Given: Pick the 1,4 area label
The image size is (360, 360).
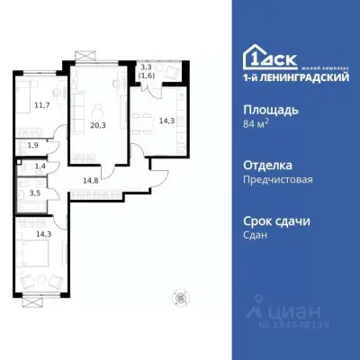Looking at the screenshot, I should [40, 167].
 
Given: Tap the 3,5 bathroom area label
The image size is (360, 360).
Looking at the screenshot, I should [35, 192].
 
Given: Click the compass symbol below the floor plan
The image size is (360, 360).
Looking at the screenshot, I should [182, 299].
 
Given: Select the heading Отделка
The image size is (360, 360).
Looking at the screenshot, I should [267, 166].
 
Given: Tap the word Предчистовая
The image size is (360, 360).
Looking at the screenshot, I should [277, 179].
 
